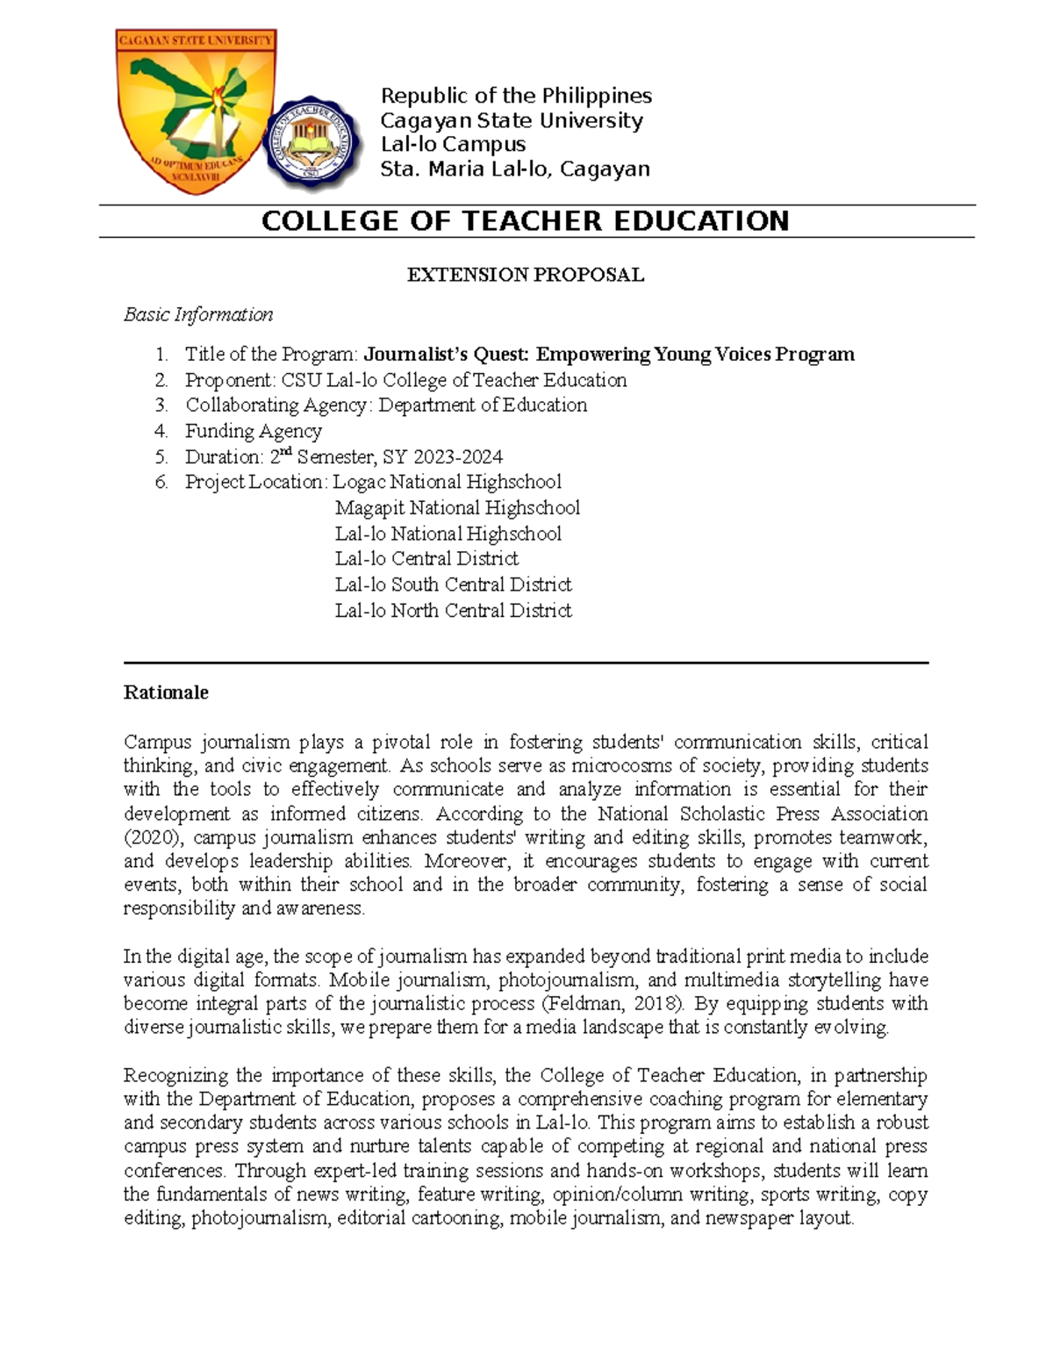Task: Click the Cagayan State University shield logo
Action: (x=197, y=109)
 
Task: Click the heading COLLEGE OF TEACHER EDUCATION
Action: (x=525, y=221)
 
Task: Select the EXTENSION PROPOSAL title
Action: (x=525, y=275)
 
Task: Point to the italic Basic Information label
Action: (x=198, y=314)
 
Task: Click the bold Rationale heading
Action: (x=166, y=692)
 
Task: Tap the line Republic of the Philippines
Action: (x=515, y=96)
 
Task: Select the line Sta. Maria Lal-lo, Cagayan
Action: (x=514, y=169)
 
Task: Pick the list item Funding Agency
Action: (x=253, y=431)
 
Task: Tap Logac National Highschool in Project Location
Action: (x=448, y=482)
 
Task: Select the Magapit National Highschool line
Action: (x=457, y=508)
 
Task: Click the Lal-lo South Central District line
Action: (x=453, y=585)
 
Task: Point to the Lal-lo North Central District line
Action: (x=453, y=611)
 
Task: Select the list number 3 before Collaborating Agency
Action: (x=161, y=405)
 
